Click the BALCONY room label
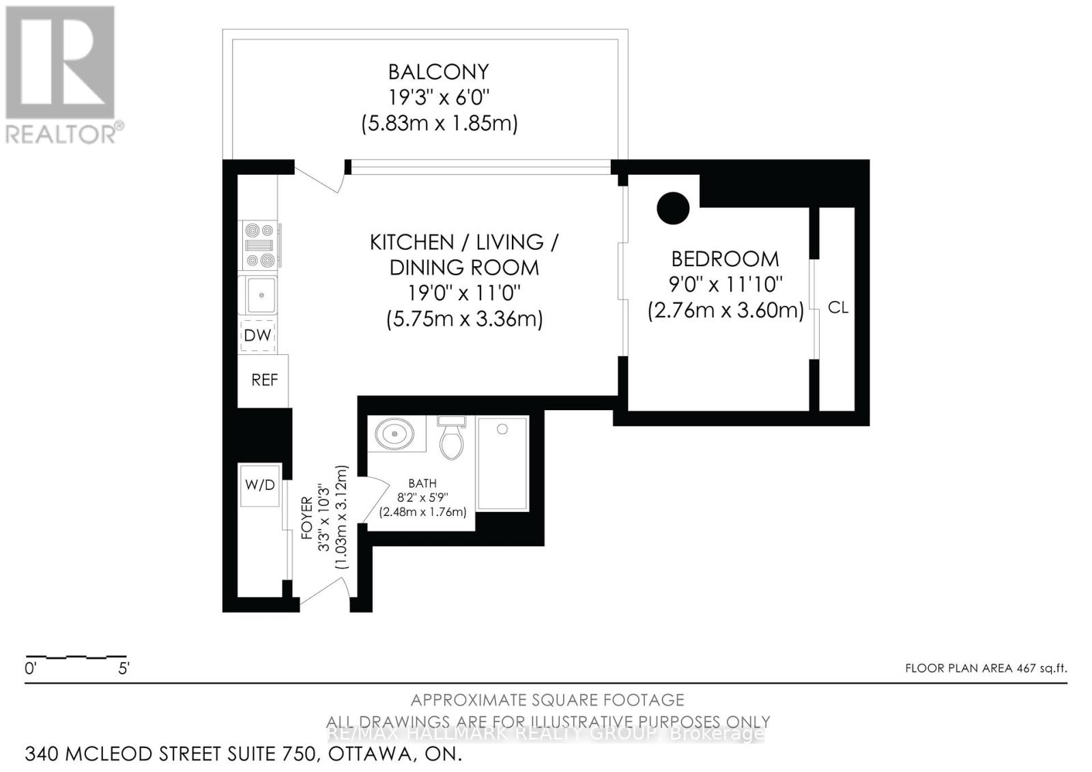coord(438,72)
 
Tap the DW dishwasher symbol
coord(257,335)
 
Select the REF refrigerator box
coord(263,380)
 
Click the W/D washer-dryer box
coord(259,485)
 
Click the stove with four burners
coord(260,245)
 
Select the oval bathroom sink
coord(395,433)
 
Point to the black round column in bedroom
coord(673,208)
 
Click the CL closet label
coord(837,308)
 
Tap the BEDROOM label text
coord(725,259)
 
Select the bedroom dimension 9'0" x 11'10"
coord(725,283)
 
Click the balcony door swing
coord(319,179)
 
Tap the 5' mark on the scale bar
coord(124,668)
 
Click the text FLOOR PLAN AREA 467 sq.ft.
coord(986,668)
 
